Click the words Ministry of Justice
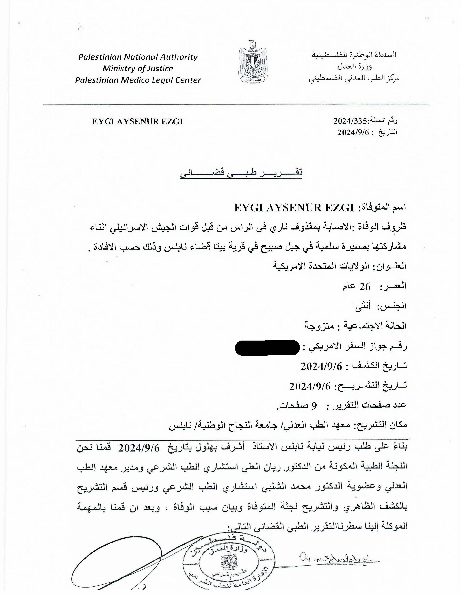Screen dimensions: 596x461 (x=138, y=69)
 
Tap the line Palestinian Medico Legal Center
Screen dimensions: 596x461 (x=138, y=80)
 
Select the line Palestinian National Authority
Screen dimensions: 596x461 (x=138, y=57)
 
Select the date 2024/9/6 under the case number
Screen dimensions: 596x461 (x=353, y=133)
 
